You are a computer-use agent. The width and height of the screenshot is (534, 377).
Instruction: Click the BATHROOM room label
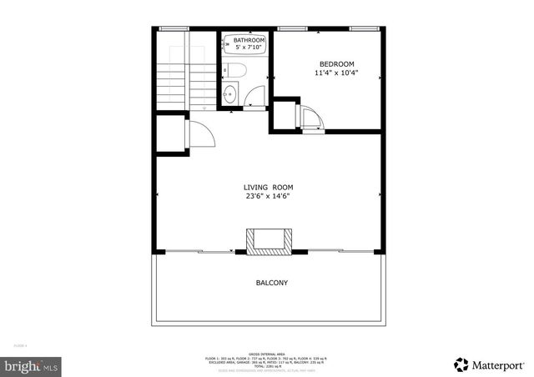click(249, 40)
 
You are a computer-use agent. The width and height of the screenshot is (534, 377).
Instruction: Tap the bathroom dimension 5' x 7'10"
click(249, 48)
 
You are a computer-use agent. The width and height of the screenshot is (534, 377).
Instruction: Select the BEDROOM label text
click(336, 64)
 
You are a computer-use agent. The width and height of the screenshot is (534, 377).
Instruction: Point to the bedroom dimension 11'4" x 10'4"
click(336, 73)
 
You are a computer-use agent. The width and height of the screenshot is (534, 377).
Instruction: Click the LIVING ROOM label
click(268, 188)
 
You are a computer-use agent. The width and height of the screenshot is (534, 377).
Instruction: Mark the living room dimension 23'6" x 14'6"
click(268, 198)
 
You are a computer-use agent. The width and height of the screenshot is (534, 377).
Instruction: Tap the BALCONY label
click(271, 283)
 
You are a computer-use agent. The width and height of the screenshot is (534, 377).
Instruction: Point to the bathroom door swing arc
click(256, 94)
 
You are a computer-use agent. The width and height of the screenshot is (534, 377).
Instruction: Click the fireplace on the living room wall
click(269, 241)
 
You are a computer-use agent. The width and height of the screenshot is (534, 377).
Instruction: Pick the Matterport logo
click(490, 364)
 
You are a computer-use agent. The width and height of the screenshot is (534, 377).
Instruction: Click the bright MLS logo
click(32, 365)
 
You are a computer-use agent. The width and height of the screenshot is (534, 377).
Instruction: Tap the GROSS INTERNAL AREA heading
click(268, 353)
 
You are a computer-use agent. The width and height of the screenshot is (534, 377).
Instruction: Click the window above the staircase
click(173, 29)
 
